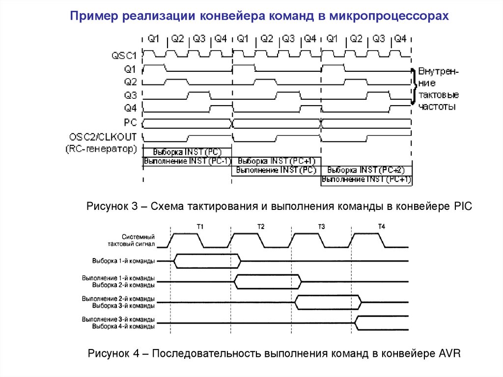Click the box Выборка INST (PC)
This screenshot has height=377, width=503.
pos(187,151)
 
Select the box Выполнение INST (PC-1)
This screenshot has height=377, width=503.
pos(187,161)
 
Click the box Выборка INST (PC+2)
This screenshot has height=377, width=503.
pos(366,170)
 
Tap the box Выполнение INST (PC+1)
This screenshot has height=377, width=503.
pos(366,179)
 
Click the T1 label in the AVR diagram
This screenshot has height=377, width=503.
pos(200,226)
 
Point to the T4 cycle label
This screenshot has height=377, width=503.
pos(382,226)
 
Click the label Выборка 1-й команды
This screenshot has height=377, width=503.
pos(123,261)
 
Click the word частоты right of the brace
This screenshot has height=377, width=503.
pos(437,106)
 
